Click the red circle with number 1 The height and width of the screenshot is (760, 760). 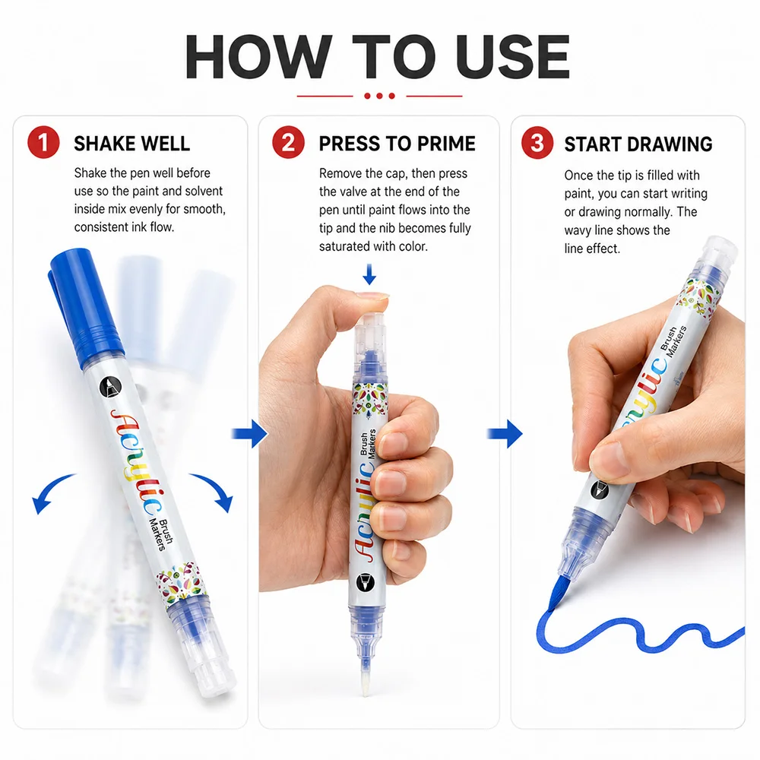[43, 143]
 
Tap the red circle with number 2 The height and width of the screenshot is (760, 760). [288, 143]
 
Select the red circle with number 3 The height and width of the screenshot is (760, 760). [537, 143]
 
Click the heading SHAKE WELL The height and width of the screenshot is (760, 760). [131, 144]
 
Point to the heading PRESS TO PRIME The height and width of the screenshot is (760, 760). [397, 144]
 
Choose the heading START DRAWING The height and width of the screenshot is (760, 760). [638, 144]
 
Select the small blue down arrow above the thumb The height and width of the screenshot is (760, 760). [369, 274]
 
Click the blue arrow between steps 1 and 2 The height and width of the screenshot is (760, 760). [250, 433]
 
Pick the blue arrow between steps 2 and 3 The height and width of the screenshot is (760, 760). [505, 433]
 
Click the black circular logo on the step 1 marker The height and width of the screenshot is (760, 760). [110, 388]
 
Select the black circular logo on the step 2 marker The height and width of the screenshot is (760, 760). [366, 582]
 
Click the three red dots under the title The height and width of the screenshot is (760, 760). [379, 96]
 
